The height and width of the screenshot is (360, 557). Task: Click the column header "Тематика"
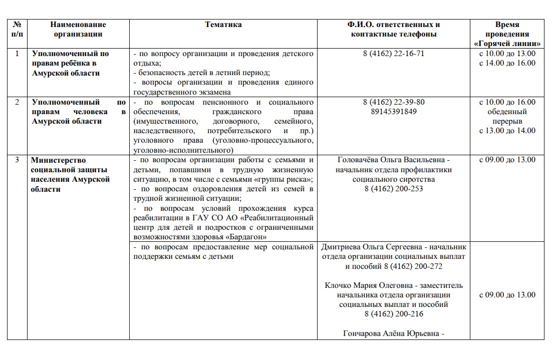(223, 25)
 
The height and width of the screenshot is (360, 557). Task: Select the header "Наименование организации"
(78, 30)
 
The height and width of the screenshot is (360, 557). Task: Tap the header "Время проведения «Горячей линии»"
(507, 34)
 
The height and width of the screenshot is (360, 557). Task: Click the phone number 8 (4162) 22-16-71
(393, 54)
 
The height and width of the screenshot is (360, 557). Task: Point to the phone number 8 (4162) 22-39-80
(393, 102)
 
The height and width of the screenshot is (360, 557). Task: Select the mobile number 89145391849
(393, 112)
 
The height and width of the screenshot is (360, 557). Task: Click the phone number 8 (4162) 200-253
(393, 189)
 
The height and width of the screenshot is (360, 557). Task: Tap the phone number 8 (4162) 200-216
(393, 314)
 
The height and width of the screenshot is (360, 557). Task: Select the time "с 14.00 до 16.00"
(507, 63)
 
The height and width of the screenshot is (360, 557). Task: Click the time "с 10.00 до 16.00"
(507, 102)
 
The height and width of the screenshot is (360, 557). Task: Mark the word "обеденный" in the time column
(507, 112)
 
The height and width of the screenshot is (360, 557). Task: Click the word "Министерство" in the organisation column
(58, 160)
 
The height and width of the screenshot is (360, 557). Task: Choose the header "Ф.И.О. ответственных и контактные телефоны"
(393, 30)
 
